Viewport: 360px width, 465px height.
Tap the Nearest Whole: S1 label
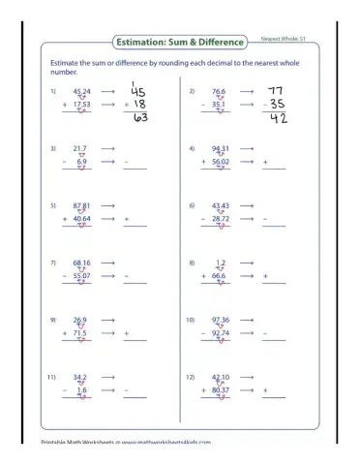point(283,40)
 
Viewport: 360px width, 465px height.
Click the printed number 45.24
point(81,91)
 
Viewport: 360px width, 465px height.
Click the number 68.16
point(81,263)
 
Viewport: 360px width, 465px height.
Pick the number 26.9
point(79,319)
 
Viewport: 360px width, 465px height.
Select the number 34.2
point(79,376)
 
